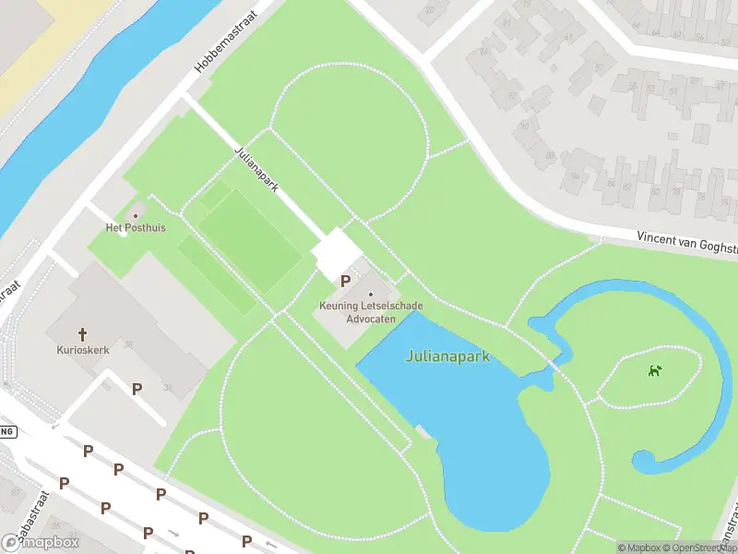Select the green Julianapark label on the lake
point(446,356)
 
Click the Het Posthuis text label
point(136,228)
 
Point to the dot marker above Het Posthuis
point(137,216)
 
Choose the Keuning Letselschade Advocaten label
point(370,312)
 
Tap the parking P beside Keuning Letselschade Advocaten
point(346,281)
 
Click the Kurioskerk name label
point(82,350)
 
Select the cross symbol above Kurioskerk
point(82,334)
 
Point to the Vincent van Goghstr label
point(686,243)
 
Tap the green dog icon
point(655,371)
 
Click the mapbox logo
point(41,542)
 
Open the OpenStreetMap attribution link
point(704,548)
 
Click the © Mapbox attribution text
point(639,548)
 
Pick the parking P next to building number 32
point(137,389)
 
